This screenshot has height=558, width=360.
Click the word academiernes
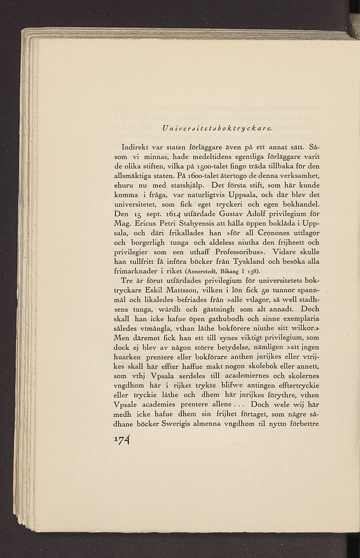tap(249, 376)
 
